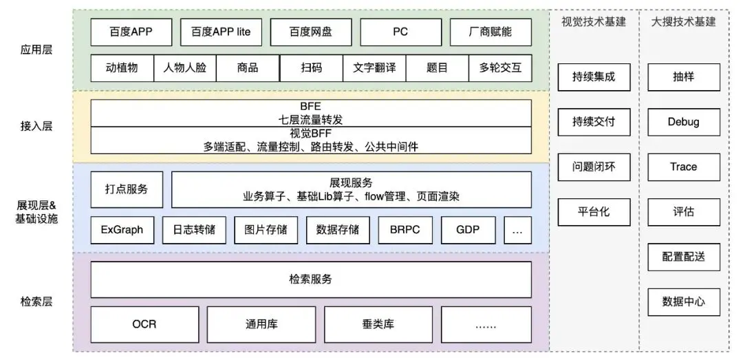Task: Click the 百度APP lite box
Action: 221,32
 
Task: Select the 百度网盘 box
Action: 311,32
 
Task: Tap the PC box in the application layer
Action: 400,32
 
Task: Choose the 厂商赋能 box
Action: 491,32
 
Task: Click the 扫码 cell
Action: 311,68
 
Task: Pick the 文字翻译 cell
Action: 374,68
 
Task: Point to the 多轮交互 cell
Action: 500,68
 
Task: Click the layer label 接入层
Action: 36,126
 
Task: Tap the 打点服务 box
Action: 127,189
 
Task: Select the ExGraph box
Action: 122,230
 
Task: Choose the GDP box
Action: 467,230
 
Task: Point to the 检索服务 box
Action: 311,279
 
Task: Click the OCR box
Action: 144,324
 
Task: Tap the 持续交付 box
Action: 593,122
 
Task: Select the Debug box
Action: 683,122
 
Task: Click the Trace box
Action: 683,167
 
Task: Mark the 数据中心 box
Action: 683,301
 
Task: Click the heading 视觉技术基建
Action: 593,21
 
